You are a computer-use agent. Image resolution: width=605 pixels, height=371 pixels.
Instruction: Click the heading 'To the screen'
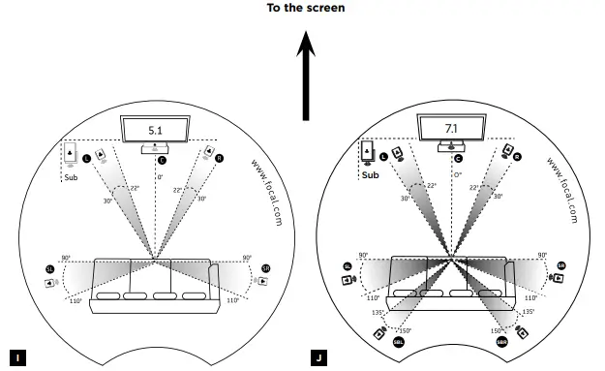tap(306, 8)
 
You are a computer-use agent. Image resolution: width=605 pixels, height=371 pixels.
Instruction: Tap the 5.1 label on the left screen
tap(156, 129)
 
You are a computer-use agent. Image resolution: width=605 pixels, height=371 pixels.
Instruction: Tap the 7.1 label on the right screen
tap(451, 128)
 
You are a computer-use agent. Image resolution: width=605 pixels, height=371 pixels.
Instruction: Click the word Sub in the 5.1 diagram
tap(70, 178)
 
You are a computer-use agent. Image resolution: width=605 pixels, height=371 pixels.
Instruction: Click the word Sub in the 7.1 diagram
tap(370, 176)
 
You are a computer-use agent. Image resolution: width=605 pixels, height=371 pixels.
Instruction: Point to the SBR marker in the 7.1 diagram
tap(501, 343)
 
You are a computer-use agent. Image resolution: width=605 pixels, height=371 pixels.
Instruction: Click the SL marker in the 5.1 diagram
tap(49, 266)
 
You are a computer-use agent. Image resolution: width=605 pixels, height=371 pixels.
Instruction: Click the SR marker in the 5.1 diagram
tap(266, 267)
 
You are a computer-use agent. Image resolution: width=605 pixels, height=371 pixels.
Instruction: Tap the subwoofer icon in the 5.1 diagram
tap(72, 154)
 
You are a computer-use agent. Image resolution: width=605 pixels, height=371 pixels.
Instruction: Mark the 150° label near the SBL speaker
tap(406, 330)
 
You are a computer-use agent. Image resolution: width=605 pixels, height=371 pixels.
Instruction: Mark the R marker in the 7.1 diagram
tap(517, 156)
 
